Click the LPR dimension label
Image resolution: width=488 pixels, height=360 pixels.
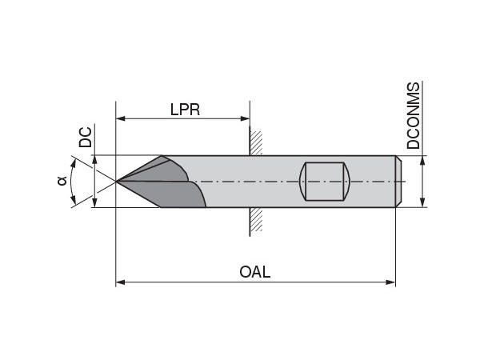[184, 110]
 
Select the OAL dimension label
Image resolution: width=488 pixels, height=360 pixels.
[255, 271]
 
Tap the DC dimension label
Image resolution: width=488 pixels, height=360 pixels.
[86, 138]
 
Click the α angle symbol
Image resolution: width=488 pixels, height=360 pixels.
[62, 181]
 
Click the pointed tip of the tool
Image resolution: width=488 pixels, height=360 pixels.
[118, 182]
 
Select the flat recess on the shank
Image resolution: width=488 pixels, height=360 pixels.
[326, 182]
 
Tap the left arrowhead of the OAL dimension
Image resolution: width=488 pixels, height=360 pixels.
[121, 282]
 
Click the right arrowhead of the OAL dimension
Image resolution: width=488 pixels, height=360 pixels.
[391, 282]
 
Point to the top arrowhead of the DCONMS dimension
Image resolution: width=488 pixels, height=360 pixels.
[422, 159]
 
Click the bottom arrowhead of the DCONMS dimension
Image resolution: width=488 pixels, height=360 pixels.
[422, 203]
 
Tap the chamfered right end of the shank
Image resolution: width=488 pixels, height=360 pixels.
[398, 182]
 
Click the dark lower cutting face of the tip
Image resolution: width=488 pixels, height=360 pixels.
[172, 195]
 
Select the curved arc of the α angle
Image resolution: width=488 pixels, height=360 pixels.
[71, 182]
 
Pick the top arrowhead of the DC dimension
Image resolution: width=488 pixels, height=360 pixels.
[94, 159]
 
